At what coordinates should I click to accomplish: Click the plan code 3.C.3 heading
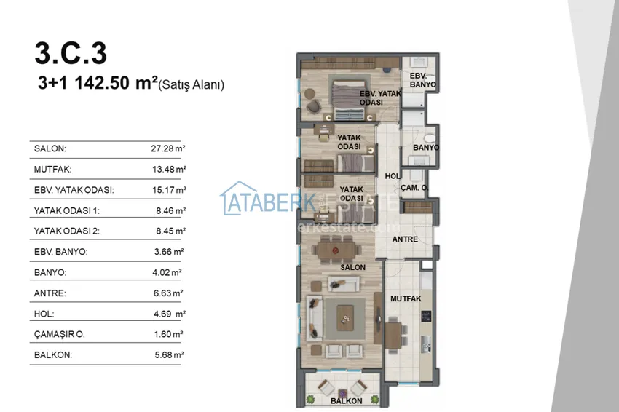tap(71, 53)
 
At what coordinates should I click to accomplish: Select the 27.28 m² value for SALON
tap(168, 148)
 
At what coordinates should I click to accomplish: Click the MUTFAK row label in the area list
tap(52, 170)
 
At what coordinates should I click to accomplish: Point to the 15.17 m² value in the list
tap(169, 190)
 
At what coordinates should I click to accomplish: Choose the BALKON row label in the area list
tap(53, 354)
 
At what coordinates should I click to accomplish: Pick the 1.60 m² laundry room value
tap(168, 334)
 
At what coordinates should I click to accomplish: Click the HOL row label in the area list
tap(44, 314)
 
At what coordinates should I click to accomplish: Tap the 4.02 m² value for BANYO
tap(167, 272)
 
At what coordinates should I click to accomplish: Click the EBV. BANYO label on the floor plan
tap(422, 80)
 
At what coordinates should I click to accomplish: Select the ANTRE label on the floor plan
tap(405, 239)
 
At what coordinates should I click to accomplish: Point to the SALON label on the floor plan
tap(352, 267)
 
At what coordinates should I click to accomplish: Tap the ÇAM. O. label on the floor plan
tap(414, 188)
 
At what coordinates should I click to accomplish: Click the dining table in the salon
tap(336, 250)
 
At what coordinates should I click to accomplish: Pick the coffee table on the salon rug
tap(345, 317)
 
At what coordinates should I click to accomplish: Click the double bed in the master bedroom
tap(349, 100)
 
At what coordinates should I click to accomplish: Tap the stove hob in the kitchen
tap(426, 316)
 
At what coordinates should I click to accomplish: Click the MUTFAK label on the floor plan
tap(406, 298)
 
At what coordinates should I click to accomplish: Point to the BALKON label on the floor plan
tap(346, 401)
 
